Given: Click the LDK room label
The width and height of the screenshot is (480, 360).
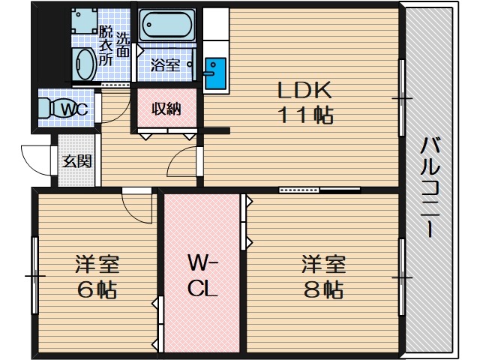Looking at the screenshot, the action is (304, 90).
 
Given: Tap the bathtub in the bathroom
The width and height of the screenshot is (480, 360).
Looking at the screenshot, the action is (167, 25).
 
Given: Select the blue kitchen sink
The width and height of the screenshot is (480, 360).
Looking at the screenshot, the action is (215, 73).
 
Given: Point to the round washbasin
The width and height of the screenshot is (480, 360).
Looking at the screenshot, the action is (85, 64).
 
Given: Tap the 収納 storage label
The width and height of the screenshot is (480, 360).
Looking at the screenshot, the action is (166, 109).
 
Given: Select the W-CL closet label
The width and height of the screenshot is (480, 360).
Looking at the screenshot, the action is (202, 276).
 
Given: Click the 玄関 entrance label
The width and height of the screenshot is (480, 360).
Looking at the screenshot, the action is (77, 161).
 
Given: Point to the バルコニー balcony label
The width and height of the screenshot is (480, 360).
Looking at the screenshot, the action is (430, 187).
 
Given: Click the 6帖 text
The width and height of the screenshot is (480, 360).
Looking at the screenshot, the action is (97, 289).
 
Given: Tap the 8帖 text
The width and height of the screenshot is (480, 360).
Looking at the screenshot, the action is (323, 289).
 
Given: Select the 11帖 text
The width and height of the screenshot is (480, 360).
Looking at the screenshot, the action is (305, 115).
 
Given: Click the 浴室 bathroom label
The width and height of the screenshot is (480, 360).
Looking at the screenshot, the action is (165, 65).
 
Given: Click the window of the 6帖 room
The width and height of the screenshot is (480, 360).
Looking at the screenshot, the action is (35, 275).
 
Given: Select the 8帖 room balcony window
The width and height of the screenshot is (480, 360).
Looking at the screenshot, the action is (401, 277).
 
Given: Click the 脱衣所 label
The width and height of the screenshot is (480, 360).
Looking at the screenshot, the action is (106, 46).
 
